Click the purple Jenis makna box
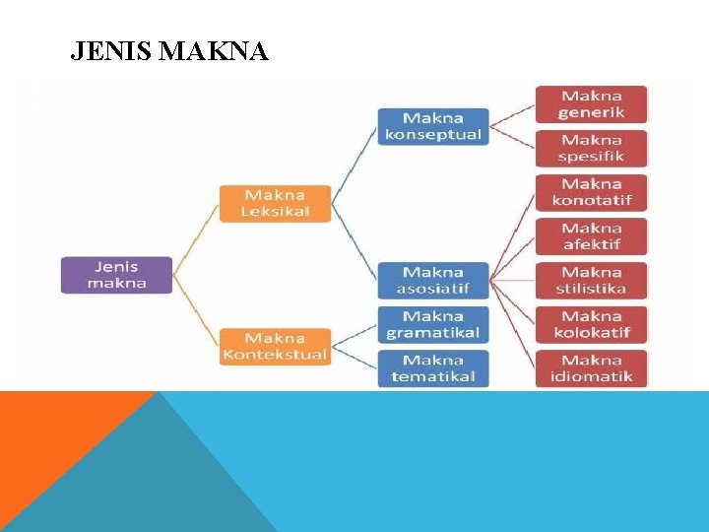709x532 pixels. (116, 275)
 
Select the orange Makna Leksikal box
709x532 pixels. (276, 203)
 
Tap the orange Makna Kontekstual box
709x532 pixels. (276, 347)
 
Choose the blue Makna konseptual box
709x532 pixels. (433, 127)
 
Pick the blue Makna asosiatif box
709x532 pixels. (433, 281)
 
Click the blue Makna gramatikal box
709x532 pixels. (433, 324)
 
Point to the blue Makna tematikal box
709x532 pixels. (433, 368)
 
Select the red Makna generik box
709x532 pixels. (592, 104)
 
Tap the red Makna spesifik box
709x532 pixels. (592, 148)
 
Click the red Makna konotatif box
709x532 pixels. (592, 192)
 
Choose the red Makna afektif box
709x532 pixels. (592, 236)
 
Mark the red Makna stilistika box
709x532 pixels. (592, 281)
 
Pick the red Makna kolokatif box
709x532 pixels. (592, 324)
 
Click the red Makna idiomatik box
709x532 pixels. (592, 368)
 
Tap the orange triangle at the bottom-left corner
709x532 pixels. (49, 443)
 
